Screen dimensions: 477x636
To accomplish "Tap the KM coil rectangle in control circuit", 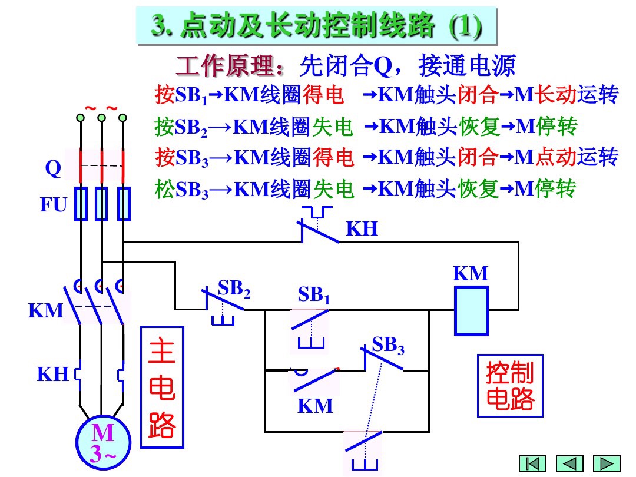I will [471, 310].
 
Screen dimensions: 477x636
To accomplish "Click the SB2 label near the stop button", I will [234, 289].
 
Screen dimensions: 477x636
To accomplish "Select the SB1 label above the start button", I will [313, 294].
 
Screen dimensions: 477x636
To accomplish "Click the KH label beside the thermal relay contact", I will [362, 229].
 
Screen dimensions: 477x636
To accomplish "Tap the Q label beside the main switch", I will [54, 169].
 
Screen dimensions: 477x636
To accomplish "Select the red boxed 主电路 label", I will [161, 388].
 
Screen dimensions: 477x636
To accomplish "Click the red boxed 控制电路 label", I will [510, 386].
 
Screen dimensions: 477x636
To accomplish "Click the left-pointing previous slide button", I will [569, 463].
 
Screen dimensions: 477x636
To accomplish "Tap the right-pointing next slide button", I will [607, 463].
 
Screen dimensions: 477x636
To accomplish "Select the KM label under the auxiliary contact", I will [315, 406].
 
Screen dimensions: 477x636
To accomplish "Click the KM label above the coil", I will [471, 273].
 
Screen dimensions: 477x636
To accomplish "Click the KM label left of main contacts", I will [45, 310].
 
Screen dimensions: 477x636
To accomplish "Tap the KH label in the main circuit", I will [53, 374].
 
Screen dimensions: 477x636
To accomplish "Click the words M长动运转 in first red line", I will [566, 94].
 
